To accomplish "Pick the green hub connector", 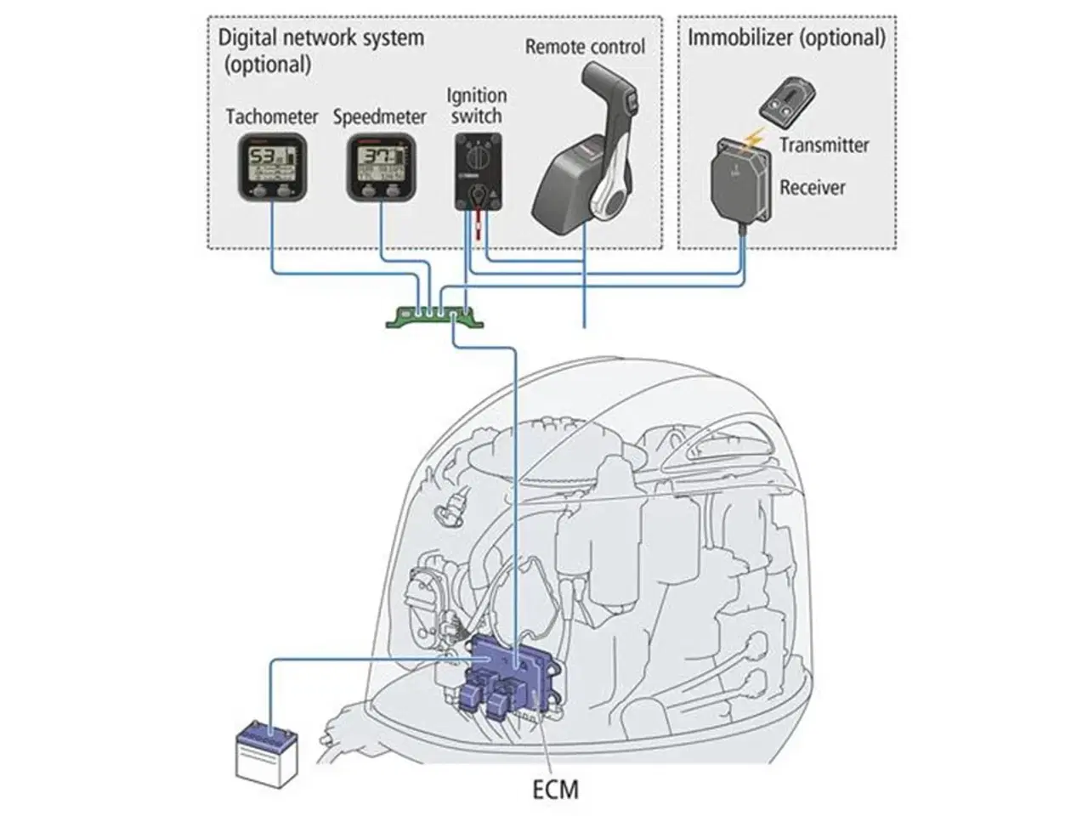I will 433,317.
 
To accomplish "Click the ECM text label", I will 555,789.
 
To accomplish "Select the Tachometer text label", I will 272,116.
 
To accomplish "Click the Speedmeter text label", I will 379,116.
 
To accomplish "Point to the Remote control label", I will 585,48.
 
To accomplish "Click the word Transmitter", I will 824,144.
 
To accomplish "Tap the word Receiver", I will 813,187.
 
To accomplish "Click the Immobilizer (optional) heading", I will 786,37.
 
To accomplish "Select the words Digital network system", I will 320,37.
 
